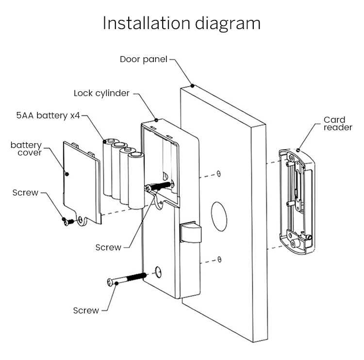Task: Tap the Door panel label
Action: [x=143, y=59]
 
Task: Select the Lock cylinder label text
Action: [x=101, y=93]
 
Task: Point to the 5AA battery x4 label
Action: [x=47, y=116]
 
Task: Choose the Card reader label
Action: [x=334, y=124]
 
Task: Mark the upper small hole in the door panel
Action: [x=219, y=173]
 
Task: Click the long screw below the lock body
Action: [x=126, y=278]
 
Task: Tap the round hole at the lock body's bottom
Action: [x=158, y=272]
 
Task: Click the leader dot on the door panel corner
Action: [x=193, y=85]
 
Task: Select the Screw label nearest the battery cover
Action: [x=25, y=193]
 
